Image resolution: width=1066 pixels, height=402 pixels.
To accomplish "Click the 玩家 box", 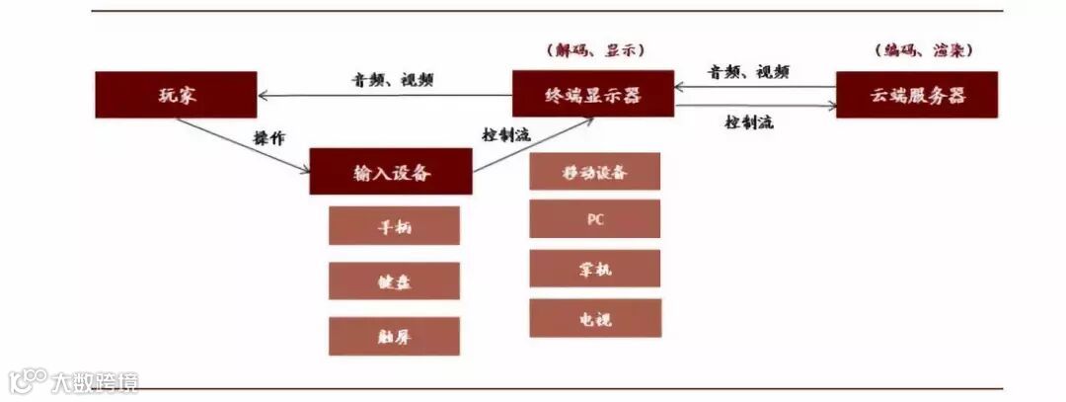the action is (176, 96).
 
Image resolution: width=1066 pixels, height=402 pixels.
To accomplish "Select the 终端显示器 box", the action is (592, 95).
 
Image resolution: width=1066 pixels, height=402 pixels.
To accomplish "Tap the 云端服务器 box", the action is (917, 95).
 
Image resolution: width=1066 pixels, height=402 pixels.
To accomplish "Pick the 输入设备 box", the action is (392, 172).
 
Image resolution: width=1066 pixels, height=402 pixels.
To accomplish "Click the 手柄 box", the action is (394, 225).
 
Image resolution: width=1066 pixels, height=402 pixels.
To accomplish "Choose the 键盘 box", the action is (394, 281).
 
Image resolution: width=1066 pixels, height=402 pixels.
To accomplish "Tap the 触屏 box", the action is (394, 337).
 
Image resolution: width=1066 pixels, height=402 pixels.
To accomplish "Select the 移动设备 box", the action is (594, 172).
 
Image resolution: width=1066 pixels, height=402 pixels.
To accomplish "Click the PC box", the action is (594, 219).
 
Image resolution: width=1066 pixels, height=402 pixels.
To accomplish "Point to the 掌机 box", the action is (594, 269).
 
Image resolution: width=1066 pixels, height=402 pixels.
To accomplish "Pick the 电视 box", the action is (594, 318).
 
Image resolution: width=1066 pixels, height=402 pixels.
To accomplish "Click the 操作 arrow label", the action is (268, 139).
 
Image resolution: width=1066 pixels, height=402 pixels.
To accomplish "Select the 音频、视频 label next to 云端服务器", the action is (748, 71).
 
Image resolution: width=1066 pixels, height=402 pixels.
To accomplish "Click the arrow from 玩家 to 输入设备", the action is (242, 146).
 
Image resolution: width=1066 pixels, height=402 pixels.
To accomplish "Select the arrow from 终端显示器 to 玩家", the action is (385, 96).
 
